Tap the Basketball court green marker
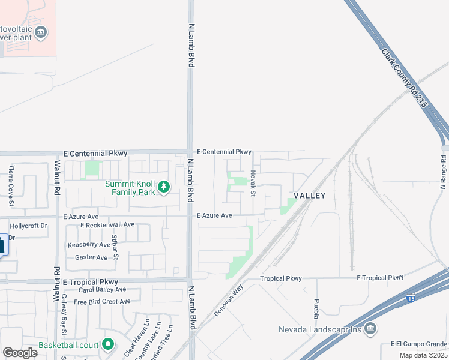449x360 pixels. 108,344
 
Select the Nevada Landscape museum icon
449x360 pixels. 370,329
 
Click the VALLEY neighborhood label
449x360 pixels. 309,196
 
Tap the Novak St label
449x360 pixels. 253,182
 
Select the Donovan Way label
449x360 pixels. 229,301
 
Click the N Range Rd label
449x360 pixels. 444,173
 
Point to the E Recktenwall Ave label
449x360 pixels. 107,224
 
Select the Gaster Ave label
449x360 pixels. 91,257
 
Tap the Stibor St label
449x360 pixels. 115,241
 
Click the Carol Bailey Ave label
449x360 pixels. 102,290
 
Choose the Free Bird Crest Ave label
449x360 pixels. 102,301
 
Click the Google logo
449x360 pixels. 20,353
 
